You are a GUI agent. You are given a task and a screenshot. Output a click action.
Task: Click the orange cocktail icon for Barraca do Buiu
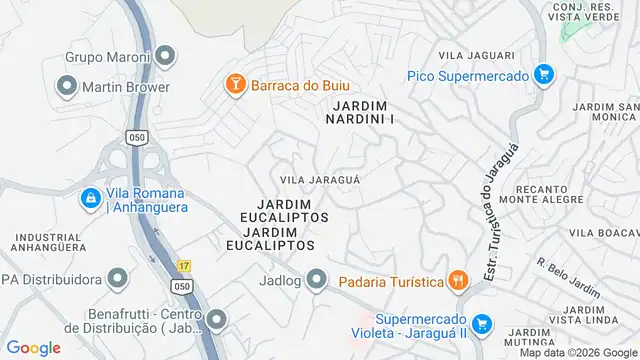pyautogui.click(x=235, y=85)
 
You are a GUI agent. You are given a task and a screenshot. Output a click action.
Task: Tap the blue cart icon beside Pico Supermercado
pyautogui.click(x=543, y=74)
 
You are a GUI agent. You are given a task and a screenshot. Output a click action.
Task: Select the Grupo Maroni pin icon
pyautogui.click(x=166, y=56)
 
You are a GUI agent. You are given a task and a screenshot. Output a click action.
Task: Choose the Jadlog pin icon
pyautogui.click(x=317, y=279)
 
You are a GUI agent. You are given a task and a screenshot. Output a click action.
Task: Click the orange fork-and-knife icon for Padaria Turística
pyautogui.click(x=458, y=281)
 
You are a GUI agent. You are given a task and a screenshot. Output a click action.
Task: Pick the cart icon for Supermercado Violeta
pyautogui.click(x=483, y=323)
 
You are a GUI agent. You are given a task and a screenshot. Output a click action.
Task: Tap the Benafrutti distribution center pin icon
pyautogui.click(x=216, y=321)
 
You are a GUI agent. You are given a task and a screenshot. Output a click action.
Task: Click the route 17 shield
pyautogui.click(x=183, y=265)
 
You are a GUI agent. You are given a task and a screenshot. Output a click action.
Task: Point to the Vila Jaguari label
pyautogui.click(x=483, y=56)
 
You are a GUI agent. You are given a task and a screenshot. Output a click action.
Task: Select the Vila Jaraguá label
pyautogui.click(x=320, y=179)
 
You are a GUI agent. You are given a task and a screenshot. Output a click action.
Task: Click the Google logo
pyautogui.click(x=33, y=348)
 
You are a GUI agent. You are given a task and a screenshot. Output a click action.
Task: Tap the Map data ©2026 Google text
pyautogui.click(x=577, y=353)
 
